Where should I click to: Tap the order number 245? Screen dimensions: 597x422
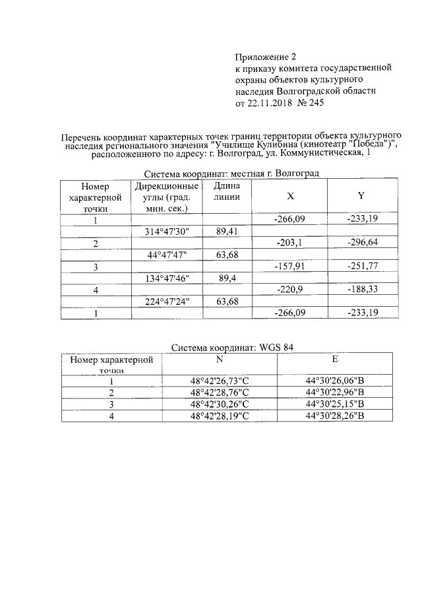pos(314,103)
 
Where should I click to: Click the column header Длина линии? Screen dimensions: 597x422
pos(227,191)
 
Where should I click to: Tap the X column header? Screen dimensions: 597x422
pos(290,197)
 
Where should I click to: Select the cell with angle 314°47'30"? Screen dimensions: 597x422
pos(167,232)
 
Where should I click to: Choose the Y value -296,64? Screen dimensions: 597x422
pos(361,243)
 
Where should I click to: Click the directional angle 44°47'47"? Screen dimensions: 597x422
pos(167,255)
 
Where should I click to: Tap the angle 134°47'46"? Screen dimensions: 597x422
pos(167,279)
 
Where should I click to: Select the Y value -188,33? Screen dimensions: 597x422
pos(361,291)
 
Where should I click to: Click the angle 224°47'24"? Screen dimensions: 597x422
pos(167,302)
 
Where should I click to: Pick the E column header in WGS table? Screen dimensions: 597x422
pos(334,360)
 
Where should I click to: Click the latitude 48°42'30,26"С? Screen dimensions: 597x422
pos(220,404)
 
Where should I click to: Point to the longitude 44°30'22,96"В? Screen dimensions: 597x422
pos(335,393)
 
